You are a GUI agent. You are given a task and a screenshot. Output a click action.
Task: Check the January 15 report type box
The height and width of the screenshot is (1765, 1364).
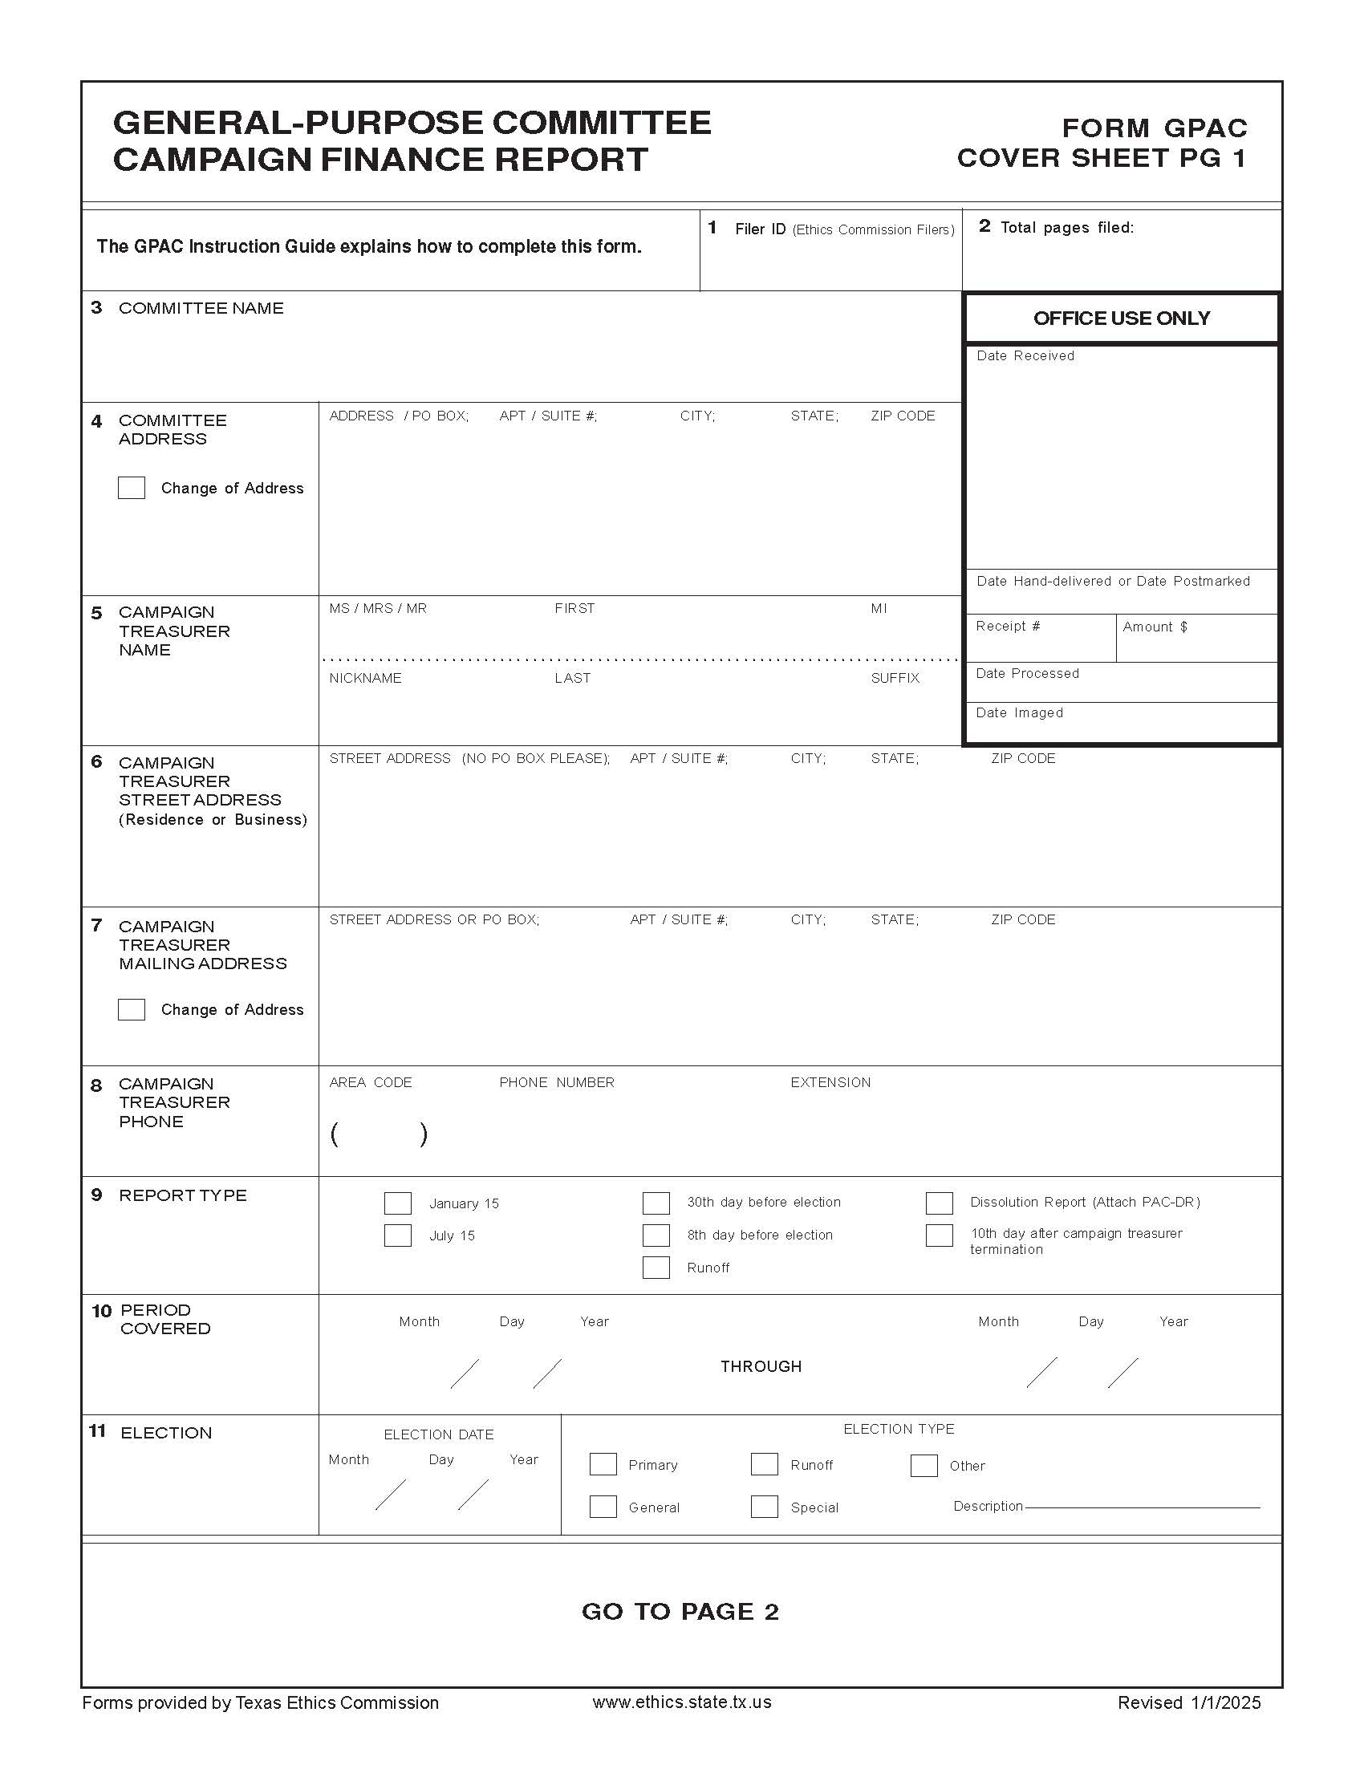click(397, 1203)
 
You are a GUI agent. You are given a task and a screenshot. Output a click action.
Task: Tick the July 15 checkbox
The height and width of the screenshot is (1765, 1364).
click(397, 1235)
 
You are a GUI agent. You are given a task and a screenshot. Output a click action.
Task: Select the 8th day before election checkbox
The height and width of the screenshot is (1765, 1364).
click(656, 1235)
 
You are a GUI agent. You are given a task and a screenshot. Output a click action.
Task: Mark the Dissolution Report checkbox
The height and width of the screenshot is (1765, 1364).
click(939, 1203)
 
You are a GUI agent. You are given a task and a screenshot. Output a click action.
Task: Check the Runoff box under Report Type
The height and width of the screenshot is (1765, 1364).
click(656, 1268)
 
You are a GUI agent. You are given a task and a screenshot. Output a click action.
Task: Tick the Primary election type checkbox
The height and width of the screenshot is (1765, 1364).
click(603, 1464)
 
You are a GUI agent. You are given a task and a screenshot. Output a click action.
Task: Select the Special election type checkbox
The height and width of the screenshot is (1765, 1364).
click(764, 1507)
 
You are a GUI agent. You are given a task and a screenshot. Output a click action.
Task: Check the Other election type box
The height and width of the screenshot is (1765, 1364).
click(924, 1465)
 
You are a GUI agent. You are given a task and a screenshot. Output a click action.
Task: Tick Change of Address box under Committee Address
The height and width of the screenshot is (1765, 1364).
click(132, 488)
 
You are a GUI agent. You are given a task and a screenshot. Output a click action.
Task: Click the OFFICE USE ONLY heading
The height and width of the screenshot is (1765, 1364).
click(1121, 319)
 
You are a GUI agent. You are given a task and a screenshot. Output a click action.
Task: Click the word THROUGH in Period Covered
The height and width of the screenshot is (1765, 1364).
click(761, 1366)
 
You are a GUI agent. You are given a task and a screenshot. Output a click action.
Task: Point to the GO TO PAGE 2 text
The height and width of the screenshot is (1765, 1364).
click(680, 1612)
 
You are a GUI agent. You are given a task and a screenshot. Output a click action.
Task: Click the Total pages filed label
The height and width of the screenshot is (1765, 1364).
click(1066, 228)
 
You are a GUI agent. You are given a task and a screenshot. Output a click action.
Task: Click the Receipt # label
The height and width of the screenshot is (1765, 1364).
click(1008, 627)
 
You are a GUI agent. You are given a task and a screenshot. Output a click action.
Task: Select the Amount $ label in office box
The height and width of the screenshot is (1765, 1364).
click(1155, 627)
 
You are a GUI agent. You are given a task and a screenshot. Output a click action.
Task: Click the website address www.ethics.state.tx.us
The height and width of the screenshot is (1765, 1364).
click(681, 1702)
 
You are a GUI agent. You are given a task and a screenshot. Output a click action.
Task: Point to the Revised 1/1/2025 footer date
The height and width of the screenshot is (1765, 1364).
click(1188, 1702)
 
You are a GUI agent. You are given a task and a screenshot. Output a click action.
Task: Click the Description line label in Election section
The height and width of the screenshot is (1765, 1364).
click(988, 1507)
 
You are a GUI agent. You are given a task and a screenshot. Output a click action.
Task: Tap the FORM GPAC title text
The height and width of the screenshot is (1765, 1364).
click(1154, 128)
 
